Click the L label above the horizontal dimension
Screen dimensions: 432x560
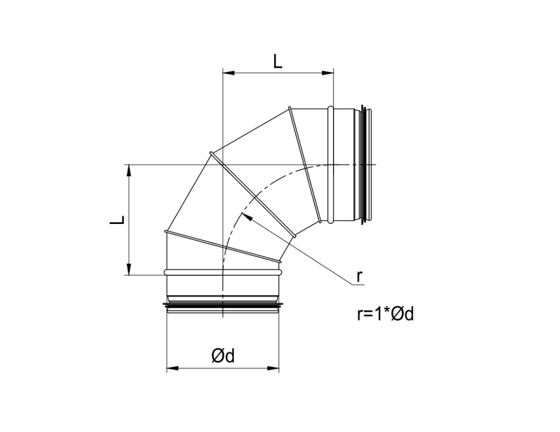pos(278,61)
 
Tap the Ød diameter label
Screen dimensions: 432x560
pos(223,356)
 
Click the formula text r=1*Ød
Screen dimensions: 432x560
pos(385,314)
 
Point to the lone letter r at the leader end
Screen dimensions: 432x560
pos(359,276)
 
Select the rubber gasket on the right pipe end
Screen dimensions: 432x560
pos(368,164)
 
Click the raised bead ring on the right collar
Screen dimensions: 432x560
pos(331,164)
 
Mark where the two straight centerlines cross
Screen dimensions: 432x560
pos(223,164)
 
